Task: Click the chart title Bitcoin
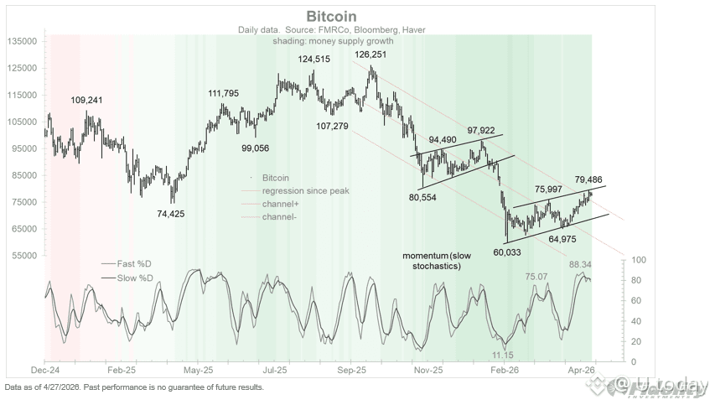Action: tap(331, 16)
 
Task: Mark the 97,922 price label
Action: tap(482, 131)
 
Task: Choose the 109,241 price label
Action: tap(86, 100)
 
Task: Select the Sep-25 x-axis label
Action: tap(353, 370)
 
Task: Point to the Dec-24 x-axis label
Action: tap(44, 370)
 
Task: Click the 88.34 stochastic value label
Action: tap(581, 265)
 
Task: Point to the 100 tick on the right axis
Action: tap(636, 261)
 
